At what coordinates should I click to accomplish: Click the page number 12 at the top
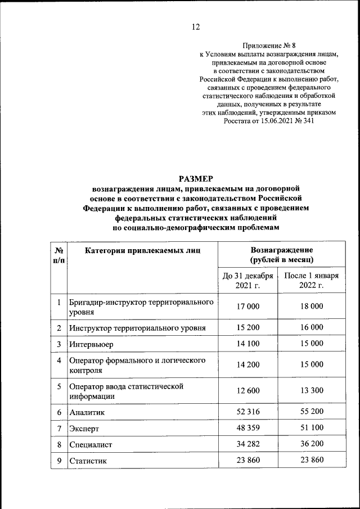196,26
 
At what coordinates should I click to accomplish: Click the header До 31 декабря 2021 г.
248,281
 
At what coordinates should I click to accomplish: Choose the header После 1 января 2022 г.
311,281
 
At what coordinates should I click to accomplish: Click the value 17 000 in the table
248,307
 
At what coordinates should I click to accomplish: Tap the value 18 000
312,307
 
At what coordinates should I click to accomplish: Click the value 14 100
248,344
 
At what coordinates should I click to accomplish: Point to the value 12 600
248,391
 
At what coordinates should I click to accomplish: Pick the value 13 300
312,391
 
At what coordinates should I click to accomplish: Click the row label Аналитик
87,412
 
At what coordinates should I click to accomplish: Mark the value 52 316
248,412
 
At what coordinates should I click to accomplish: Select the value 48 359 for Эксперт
248,428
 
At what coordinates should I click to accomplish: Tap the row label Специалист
91,445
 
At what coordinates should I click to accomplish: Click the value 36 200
312,444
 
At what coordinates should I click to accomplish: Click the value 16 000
312,327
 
